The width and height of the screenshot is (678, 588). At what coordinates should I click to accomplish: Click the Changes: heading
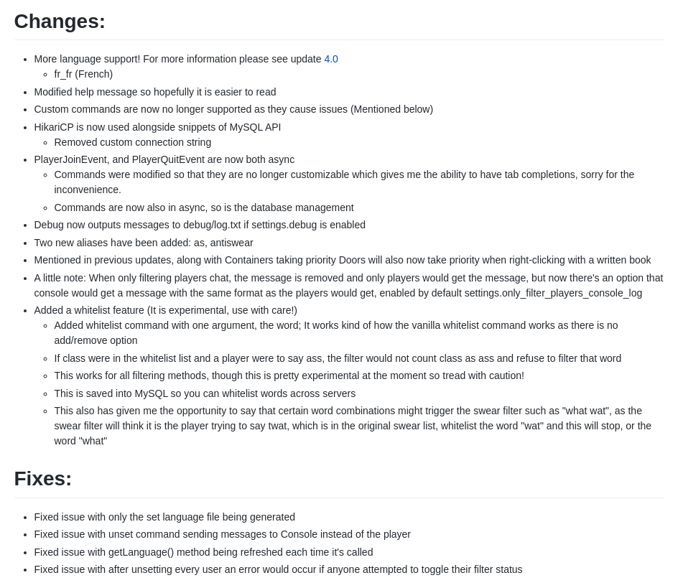pyautogui.click(x=60, y=22)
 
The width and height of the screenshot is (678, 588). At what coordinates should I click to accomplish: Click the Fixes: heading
pyautogui.click(x=43, y=479)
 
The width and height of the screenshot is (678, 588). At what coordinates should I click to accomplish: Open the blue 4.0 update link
pyautogui.click(x=331, y=59)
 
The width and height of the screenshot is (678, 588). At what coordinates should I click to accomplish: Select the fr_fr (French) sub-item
pyautogui.click(x=83, y=74)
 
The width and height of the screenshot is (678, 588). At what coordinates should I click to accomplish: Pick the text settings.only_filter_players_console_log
pyautogui.click(x=553, y=293)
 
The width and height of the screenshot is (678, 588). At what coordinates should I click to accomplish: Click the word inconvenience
pyautogui.click(x=87, y=190)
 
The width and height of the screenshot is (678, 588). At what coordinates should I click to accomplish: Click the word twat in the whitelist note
pyautogui.click(x=304, y=426)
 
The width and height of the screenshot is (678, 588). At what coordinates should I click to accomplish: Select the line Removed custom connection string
pyautogui.click(x=133, y=142)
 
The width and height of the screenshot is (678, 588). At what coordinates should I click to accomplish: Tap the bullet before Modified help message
pyautogui.click(x=25, y=93)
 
